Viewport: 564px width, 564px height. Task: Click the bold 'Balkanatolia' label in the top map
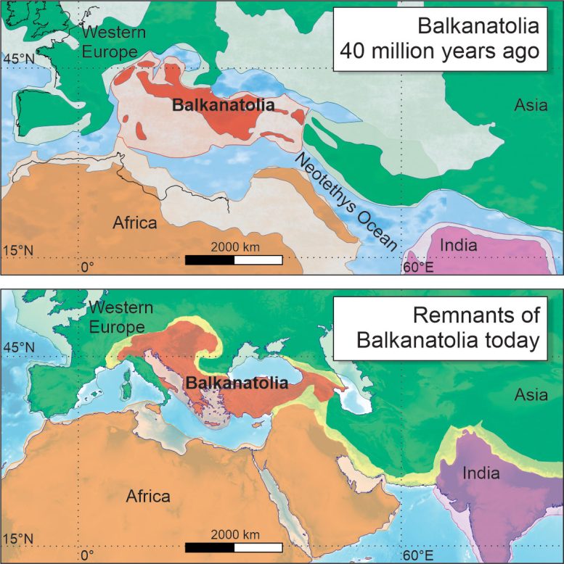click(224, 105)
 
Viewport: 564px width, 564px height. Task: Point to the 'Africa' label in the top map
click(134, 223)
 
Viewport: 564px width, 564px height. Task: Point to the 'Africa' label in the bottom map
click(147, 497)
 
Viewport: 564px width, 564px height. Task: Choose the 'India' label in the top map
click(459, 245)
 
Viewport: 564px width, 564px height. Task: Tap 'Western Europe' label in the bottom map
click(120, 318)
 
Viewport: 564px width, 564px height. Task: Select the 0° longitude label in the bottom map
click(87, 555)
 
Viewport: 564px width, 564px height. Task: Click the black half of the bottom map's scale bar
click(210, 547)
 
